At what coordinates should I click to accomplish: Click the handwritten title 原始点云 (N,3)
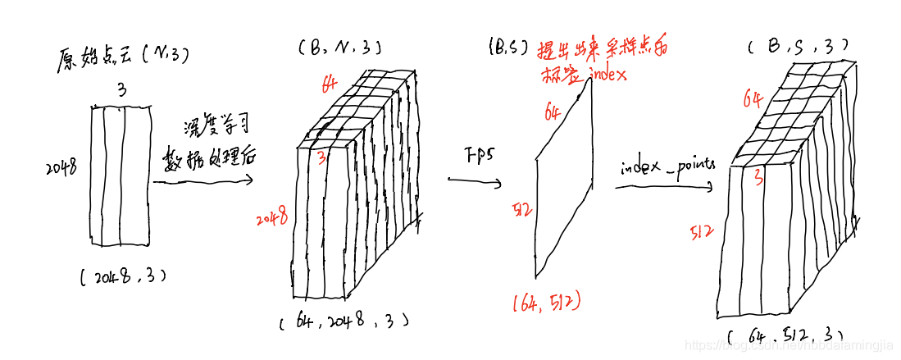tap(122, 57)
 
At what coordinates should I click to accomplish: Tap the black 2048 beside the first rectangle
tap(61, 168)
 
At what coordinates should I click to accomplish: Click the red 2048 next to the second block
tap(271, 220)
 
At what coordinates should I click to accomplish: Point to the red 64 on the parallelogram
tap(553, 111)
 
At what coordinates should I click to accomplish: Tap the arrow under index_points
tap(664, 188)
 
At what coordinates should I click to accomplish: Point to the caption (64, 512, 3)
tap(785, 335)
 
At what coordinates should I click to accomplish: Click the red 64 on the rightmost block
tap(753, 100)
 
